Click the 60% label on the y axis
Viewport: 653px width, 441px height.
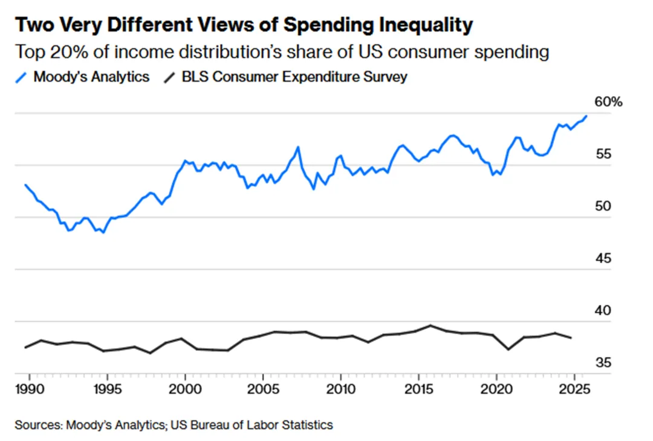click(608, 102)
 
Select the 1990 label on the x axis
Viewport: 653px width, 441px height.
click(28, 387)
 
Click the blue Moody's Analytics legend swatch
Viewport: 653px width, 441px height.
click(22, 77)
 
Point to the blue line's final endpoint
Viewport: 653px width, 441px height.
click(586, 116)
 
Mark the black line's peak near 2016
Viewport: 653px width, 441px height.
click(430, 325)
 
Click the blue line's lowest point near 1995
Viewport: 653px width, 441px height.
click(103, 232)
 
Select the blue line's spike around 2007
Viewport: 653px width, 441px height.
click(298, 147)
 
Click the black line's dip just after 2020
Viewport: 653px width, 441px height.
click(508, 349)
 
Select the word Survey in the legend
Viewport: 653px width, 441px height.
click(387, 77)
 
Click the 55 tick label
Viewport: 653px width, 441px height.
click(603, 154)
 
